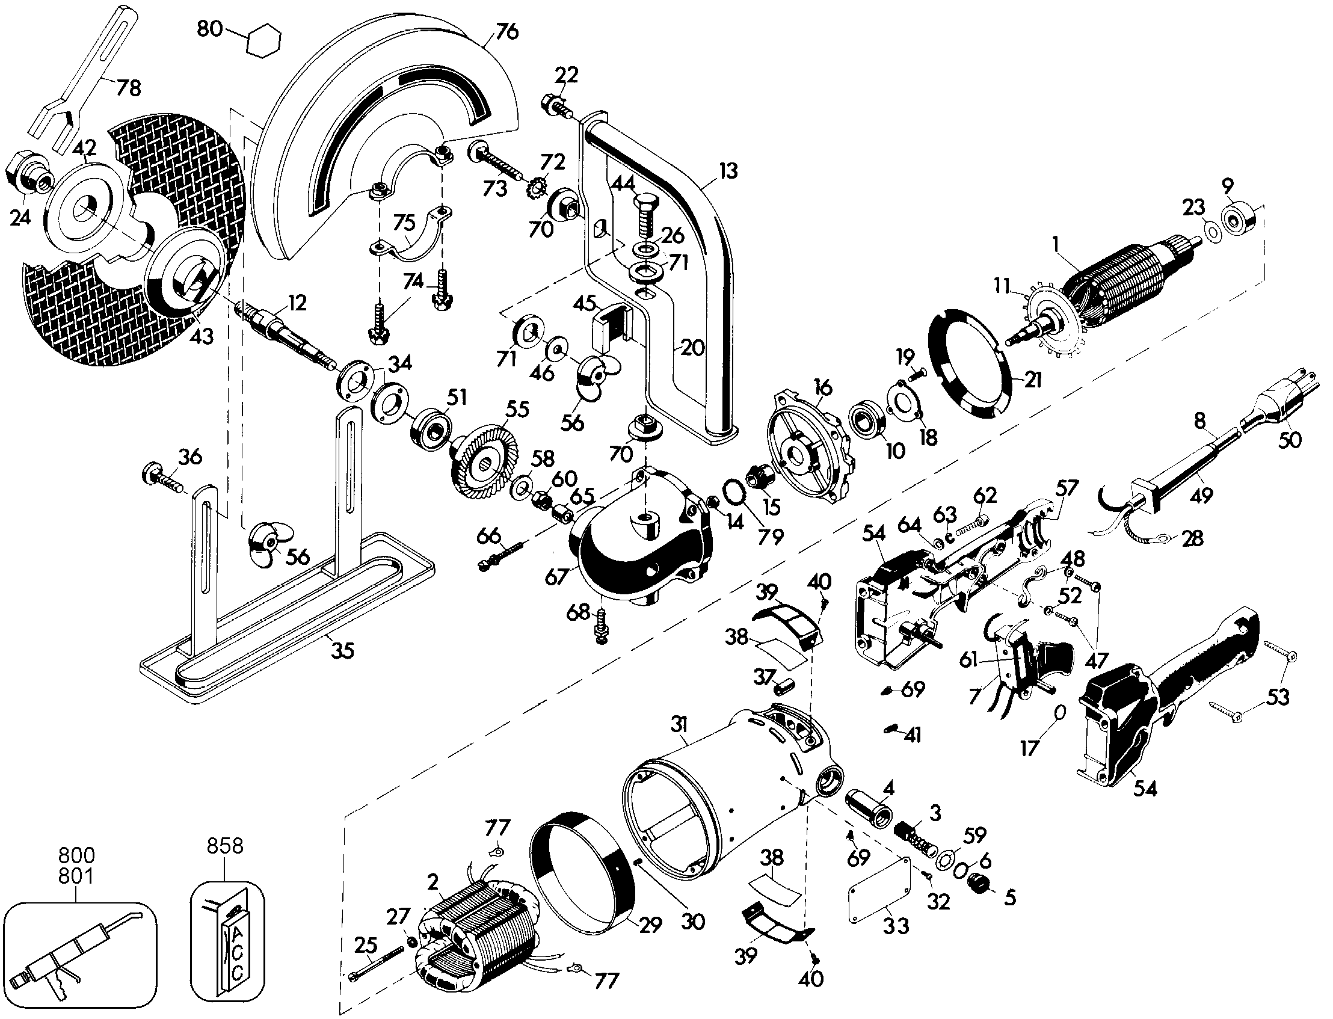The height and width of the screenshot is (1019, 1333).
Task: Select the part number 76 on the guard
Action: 507,30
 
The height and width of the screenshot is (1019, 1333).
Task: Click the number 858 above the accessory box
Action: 225,846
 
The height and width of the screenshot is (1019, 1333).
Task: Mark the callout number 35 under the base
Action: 342,650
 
